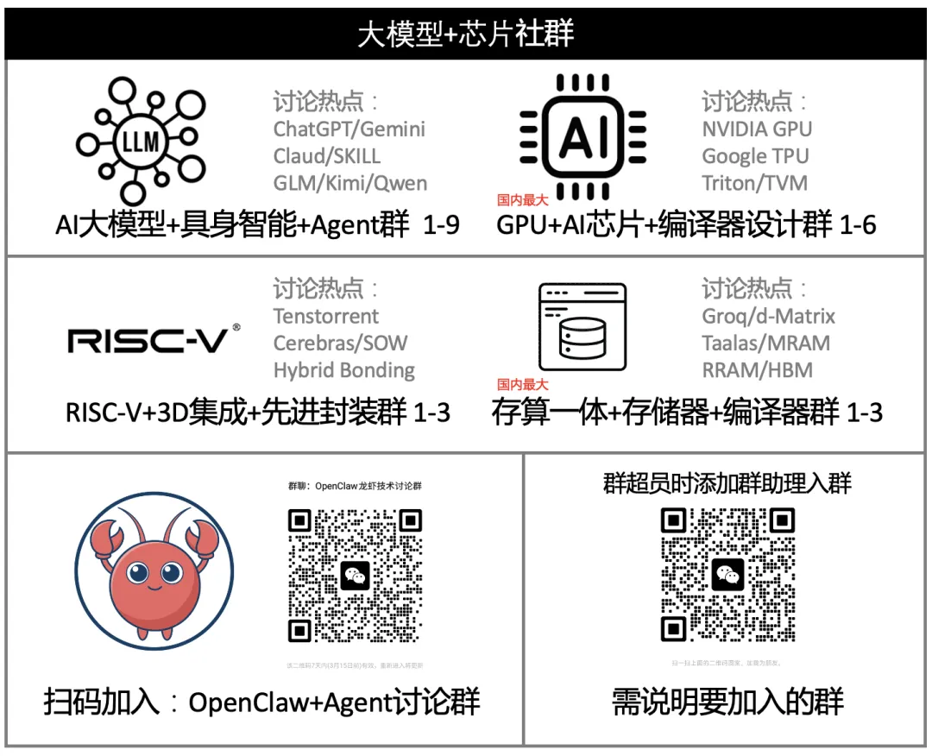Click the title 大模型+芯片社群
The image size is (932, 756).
(x=466, y=35)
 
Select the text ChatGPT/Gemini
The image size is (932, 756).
(x=349, y=129)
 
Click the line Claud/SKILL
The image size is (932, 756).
(x=327, y=155)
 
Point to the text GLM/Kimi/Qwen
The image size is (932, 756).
(x=350, y=183)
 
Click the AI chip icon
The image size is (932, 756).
(x=583, y=136)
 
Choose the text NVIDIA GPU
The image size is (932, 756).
(x=757, y=129)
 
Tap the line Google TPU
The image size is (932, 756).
(x=755, y=155)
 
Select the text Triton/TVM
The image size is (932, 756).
(x=754, y=183)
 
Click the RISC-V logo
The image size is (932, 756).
(x=154, y=339)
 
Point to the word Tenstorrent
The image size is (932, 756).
(x=326, y=316)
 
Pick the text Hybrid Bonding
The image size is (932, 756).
(x=344, y=370)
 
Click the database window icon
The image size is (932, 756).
(x=582, y=327)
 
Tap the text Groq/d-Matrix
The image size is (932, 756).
(x=769, y=316)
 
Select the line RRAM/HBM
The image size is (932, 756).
(x=757, y=370)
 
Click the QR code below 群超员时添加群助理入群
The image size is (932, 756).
(x=727, y=574)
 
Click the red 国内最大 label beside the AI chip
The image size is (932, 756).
(x=523, y=199)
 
